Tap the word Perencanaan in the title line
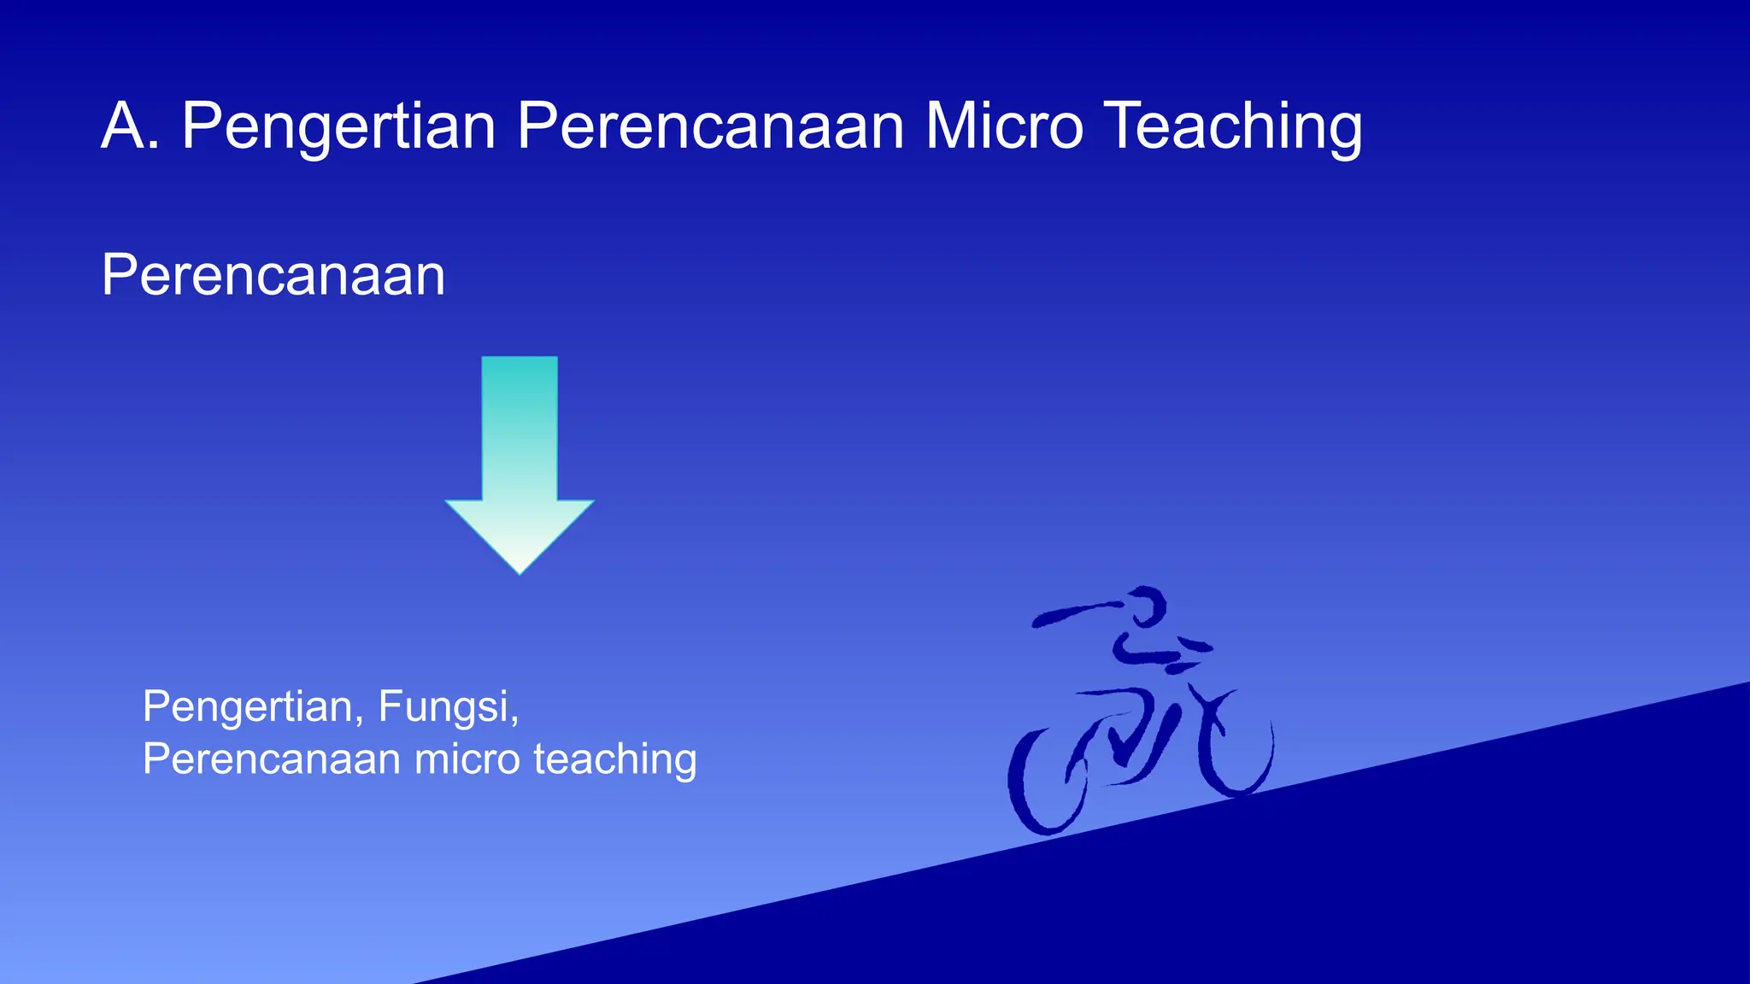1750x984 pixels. [x=710, y=126]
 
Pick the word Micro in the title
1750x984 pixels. [x=1004, y=126]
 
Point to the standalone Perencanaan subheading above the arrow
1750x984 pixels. [x=273, y=275]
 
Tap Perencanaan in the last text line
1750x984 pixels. [x=271, y=758]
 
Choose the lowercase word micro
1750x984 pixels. [x=467, y=758]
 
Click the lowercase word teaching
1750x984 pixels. [x=615, y=758]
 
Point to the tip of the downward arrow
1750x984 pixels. [x=520, y=571]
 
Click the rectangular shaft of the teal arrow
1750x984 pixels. [x=520, y=427]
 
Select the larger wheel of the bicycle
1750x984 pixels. [x=1046, y=782]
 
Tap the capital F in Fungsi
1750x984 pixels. [x=389, y=706]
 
